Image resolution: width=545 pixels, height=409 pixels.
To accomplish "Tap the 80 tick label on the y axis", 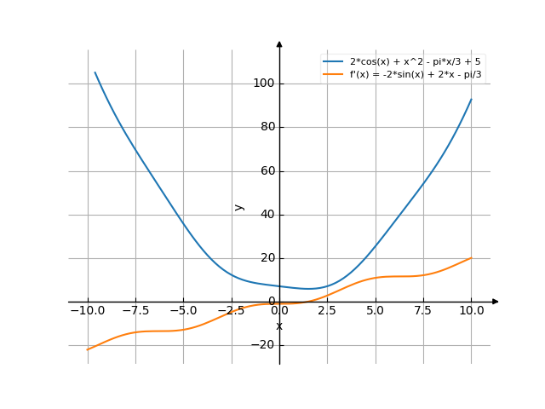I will [x=267, y=127].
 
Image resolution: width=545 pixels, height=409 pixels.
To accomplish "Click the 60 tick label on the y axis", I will [x=267, y=170].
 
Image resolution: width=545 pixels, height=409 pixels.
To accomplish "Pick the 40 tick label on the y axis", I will [x=267, y=215].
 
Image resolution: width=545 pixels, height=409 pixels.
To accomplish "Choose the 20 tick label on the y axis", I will [x=267, y=258].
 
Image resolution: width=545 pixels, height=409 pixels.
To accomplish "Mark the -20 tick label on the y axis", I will [x=264, y=345].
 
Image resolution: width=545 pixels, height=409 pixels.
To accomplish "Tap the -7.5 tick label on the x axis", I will [x=135, y=311].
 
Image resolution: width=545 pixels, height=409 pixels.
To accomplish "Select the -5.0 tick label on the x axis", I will [x=182, y=311].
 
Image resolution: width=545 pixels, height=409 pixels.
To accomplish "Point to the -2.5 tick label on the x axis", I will [x=230, y=311].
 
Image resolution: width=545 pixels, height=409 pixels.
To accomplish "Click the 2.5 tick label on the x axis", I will [x=328, y=311].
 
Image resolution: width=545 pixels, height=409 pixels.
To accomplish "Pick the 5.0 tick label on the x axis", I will [x=376, y=311].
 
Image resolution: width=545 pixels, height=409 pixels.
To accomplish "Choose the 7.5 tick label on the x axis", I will [x=423, y=311].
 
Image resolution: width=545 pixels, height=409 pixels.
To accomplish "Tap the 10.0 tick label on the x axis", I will [x=471, y=311].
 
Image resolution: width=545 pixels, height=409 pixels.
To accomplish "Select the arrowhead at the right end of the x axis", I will [x=496, y=302].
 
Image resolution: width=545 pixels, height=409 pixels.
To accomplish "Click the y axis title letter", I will [x=239, y=206].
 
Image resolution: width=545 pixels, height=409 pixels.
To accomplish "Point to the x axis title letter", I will [x=279, y=326].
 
